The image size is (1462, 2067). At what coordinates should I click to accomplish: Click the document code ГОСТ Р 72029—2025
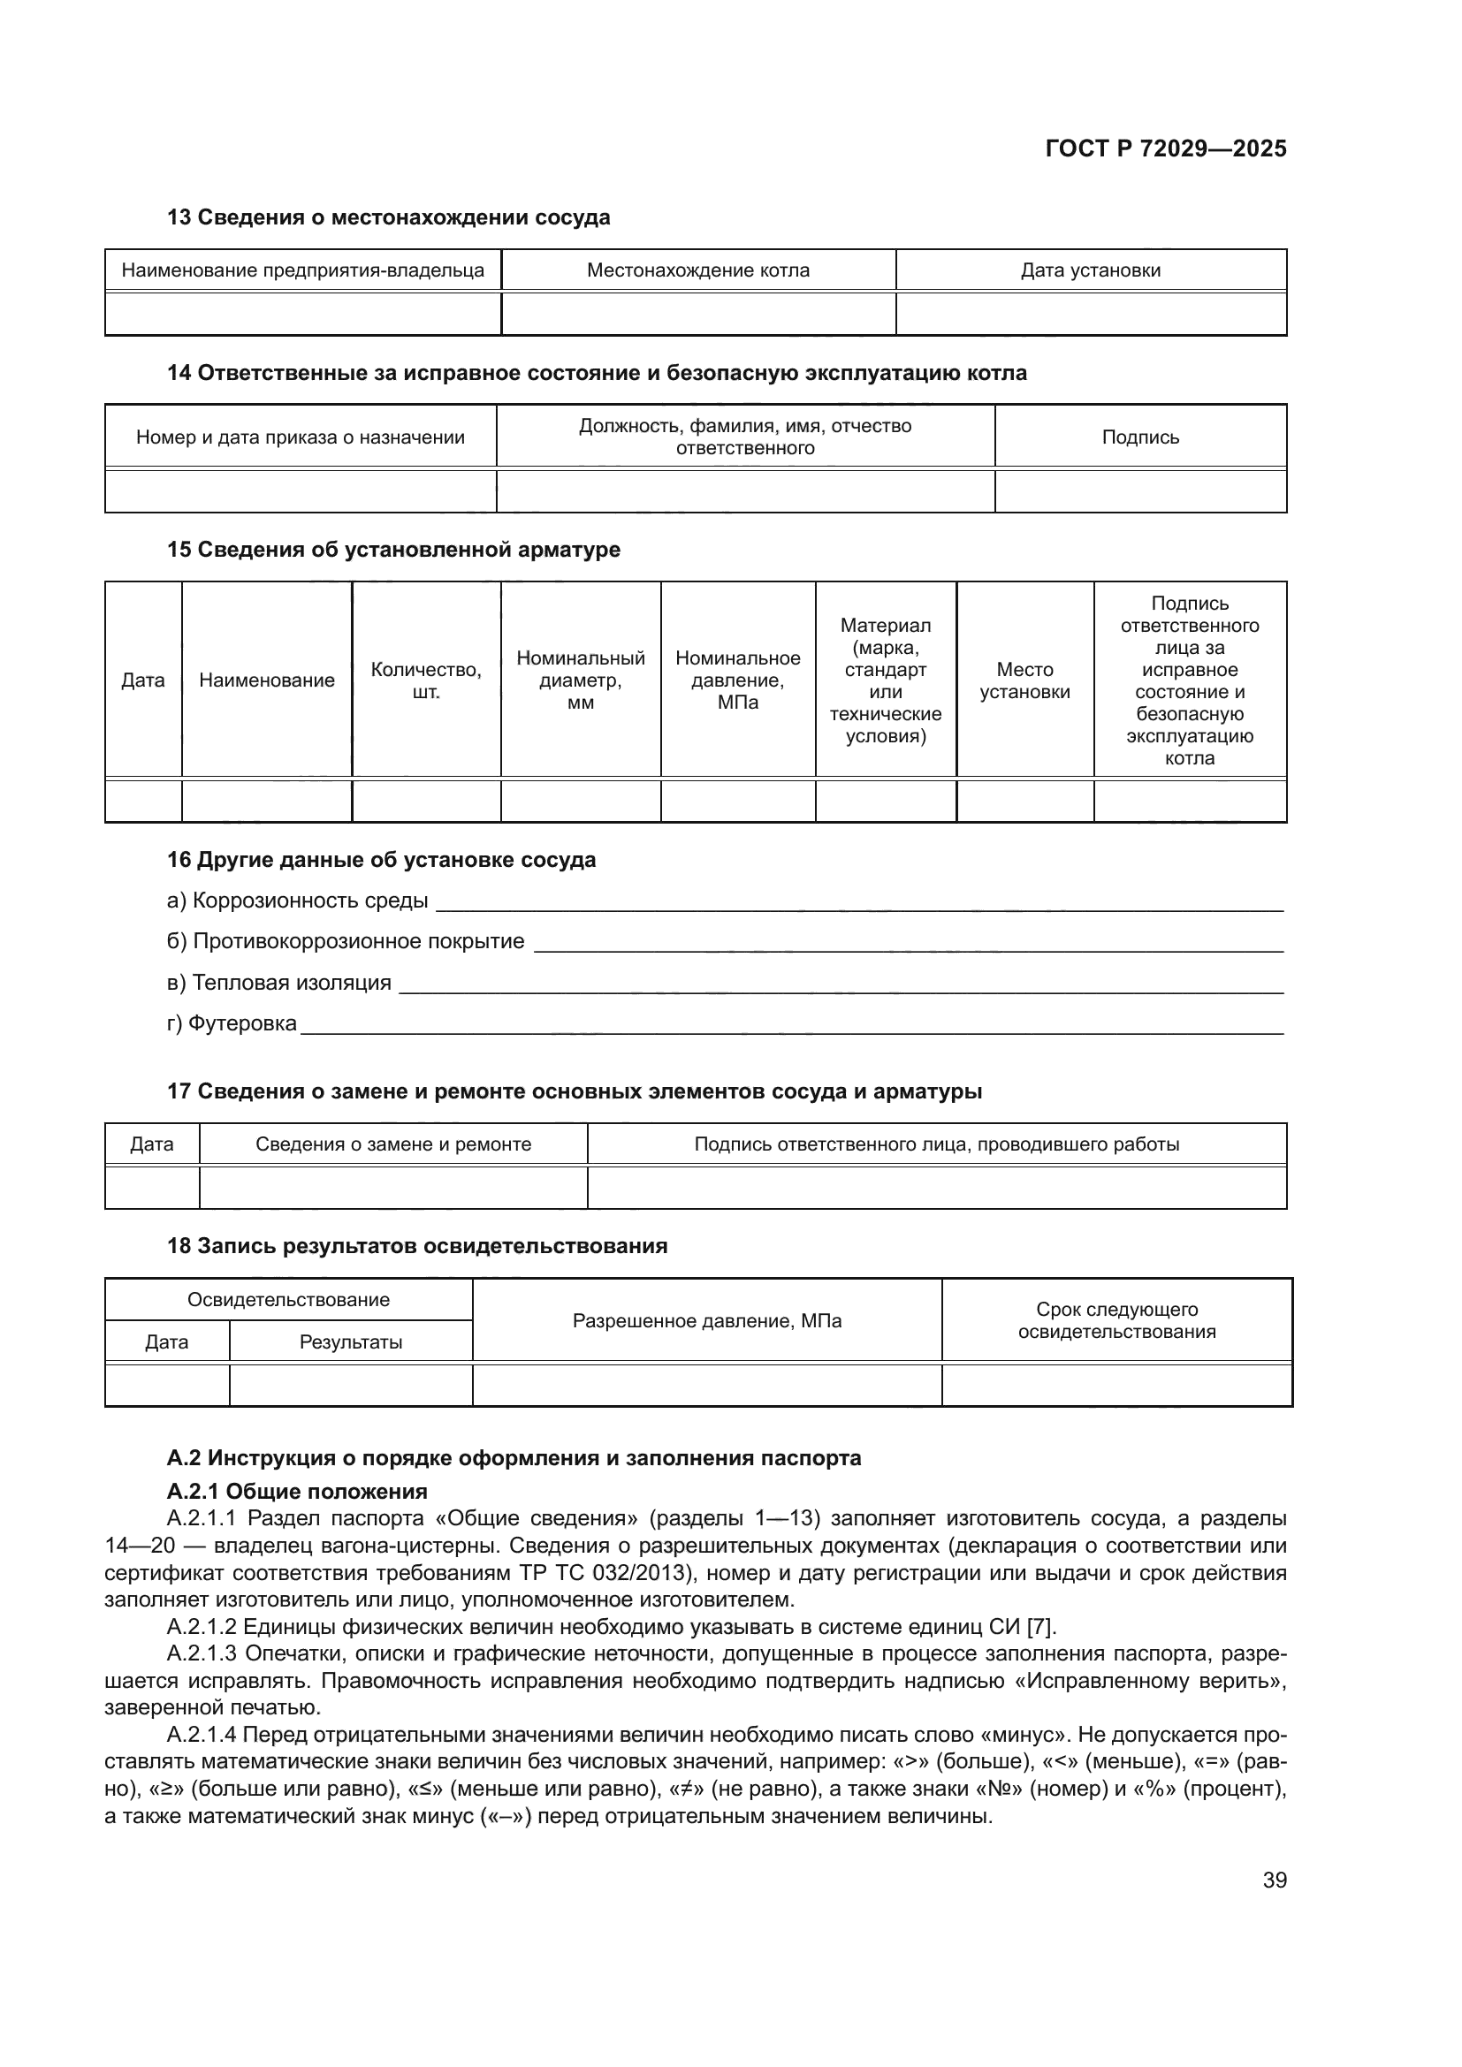pos(1166,148)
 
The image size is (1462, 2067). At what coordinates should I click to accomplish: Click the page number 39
pos(1274,1880)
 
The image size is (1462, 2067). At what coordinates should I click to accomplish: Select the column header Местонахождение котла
pos(697,270)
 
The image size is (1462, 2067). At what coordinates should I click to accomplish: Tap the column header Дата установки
pos(1090,270)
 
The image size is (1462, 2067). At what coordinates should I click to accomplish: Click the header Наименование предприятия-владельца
pos(302,270)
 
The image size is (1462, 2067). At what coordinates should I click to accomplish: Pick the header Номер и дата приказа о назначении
pos(300,437)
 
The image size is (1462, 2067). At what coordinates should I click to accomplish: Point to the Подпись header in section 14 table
pos(1139,437)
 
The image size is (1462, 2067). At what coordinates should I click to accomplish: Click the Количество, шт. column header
pos(426,680)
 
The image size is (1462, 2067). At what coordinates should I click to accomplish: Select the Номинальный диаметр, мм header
pos(581,680)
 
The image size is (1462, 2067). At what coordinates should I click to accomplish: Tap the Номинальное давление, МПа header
pos(737,680)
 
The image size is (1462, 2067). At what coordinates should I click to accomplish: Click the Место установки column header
pos(1024,680)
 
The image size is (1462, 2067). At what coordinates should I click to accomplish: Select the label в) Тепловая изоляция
pos(279,982)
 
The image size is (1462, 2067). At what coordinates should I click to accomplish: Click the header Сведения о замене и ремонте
pos(393,1144)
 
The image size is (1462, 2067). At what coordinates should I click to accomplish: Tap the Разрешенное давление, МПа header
pos(707,1320)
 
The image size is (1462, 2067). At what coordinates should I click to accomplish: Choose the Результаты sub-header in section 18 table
pos(350,1342)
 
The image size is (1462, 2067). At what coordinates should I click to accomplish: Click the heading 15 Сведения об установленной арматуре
pos(393,549)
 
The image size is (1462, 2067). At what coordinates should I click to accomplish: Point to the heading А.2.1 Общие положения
pos(297,1492)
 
